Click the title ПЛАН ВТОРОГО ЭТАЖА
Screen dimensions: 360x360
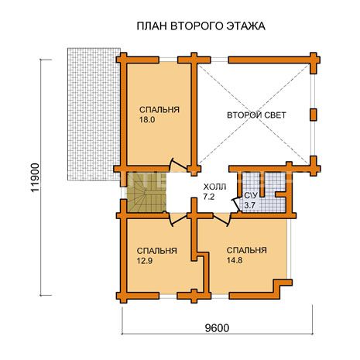pyautogui.click(x=201, y=26)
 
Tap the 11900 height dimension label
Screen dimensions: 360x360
pyautogui.click(x=35, y=177)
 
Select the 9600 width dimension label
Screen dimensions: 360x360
pyautogui.click(x=217, y=328)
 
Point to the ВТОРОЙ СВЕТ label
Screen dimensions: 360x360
pyautogui.click(x=256, y=115)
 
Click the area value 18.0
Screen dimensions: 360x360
pyautogui.click(x=147, y=120)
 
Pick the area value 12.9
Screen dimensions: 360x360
pyautogui.click(x=145, y=261)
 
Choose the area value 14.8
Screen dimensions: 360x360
pyautogui.click(x=235, y=260)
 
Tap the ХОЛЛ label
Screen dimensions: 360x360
pyautogui.click(x=214, y=187)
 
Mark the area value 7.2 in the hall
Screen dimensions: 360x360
pyautogui.click(x=209, y=197)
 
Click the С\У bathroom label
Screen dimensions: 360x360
pyautogui.click(x=250, y=196)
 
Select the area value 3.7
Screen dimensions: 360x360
pyautogui.click(x=249, y=206)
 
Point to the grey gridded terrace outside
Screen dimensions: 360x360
pyautogui.click(x=94, y=114)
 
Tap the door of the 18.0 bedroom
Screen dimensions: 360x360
pyautogui.click(x=179, y=164)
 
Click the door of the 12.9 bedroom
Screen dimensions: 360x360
pyautogui.click(x=177, y=219)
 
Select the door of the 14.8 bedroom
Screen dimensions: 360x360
pyautogui.click(x=222, y=220)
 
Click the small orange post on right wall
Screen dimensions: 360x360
pyautogui.click(x=314, y=115)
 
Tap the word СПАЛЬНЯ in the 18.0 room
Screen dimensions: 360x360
pyautogui.click(x=159, y=110)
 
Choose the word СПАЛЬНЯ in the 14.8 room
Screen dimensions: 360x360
pyautogui.click(x=247, y=250)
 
